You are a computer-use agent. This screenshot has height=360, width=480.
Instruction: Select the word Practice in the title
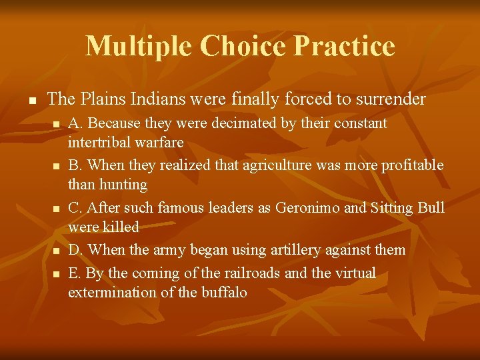(344, 46)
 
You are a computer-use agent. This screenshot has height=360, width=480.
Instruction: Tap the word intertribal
(101, 143)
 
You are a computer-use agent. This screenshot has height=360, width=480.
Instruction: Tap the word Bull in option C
(431, 207)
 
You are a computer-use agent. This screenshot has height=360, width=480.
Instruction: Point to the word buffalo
(224, 292)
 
